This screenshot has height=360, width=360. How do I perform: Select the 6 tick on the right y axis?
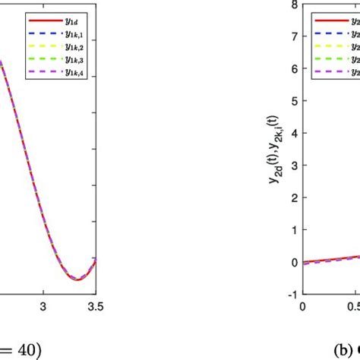pyautogui.click(x=292, y=68)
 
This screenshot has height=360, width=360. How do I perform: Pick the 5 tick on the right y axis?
pyautogui.click(x=292, y=100)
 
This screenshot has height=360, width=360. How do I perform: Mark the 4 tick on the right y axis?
pyautogui.click(x=292, y=133)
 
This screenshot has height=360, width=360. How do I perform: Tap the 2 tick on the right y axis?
pyautogui.click(x=292, y=197)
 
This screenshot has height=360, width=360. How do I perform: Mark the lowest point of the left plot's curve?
pyautogui.click(x=77, y=279)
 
